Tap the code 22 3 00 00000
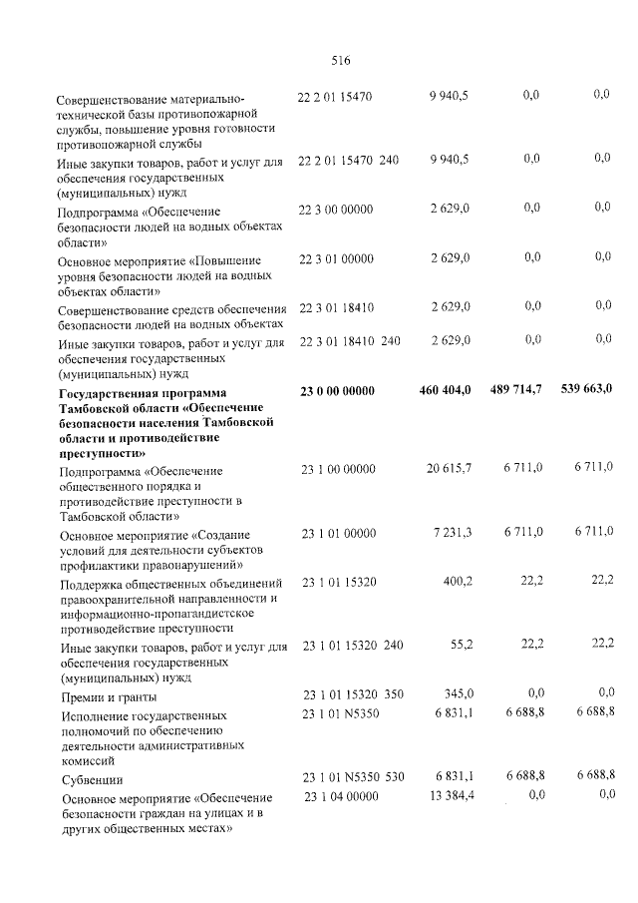336,209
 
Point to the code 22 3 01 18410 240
349,341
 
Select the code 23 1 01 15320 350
352,693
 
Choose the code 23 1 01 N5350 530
352,776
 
